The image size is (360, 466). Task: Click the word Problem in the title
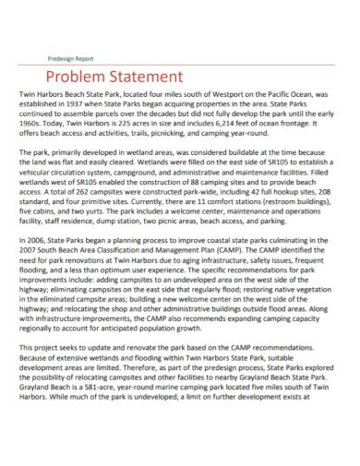pyautogui.click(x=77, y=77)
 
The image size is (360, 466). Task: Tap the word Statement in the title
pyautogui.click(x=150, y=77)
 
